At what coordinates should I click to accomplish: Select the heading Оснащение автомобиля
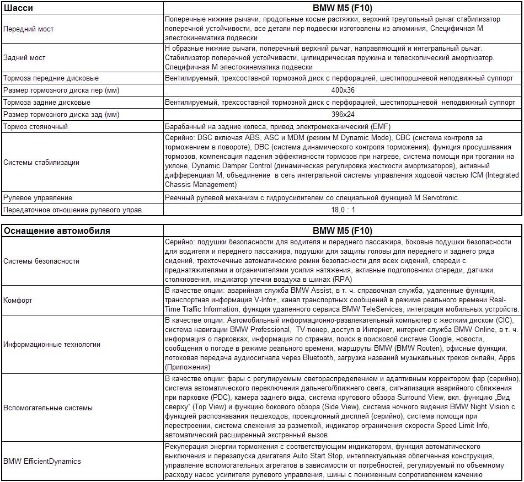(x=57, y=231)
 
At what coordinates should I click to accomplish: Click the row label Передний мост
(x=29, y=29)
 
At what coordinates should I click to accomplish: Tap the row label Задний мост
(x=24, y=57)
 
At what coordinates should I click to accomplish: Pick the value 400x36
(x=343, y=90)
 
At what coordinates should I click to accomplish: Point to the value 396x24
(x=343, y=114)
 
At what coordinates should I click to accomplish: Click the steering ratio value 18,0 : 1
(x=343, y=210)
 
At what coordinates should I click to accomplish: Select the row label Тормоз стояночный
(x=36, y=126)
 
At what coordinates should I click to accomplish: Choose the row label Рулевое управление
(x=38, y=197)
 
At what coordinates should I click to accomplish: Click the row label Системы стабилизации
(x=41, y=162)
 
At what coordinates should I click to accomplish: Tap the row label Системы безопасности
(x=41, y=261)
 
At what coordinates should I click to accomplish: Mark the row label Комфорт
(x=18, y=300)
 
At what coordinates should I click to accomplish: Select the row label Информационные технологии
(x=52, y=344)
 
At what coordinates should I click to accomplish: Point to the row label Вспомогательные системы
(x=48, y=408)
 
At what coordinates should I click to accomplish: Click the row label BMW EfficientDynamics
(x=42, y=461)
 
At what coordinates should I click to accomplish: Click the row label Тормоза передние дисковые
(x=51, y=78)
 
